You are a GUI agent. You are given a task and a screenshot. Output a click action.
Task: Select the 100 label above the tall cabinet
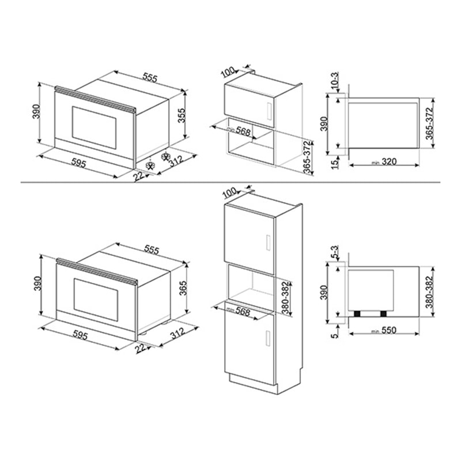coord(228,192)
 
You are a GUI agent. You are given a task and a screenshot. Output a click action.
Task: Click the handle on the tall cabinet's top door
coord(267,241)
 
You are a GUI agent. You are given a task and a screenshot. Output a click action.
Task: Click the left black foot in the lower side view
coord(358,313)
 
